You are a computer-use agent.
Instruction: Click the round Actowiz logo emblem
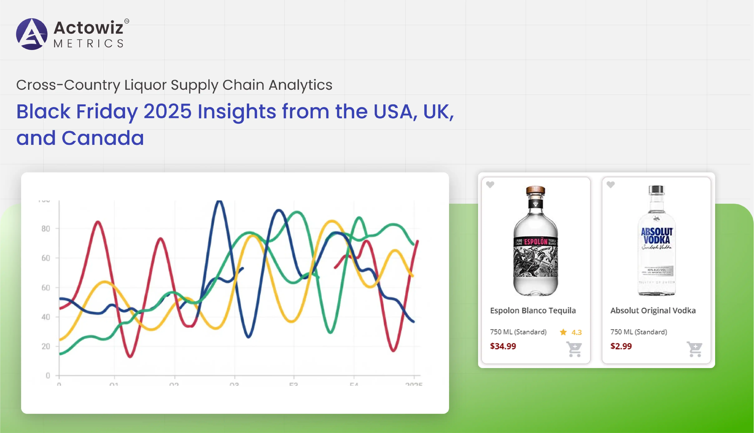(x=32, y=34)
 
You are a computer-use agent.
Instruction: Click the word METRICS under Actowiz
(x=89, y=44)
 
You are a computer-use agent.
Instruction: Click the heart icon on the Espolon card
(x=490, y=185)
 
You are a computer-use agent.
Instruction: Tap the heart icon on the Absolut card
(x=611, y=185)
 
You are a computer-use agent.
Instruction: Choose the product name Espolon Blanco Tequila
(x=533, y=310)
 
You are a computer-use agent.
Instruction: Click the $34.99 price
(x=503, y=346)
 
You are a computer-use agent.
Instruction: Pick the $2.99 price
(x=621, y=346)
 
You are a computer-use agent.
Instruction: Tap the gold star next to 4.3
(x=563, y=332)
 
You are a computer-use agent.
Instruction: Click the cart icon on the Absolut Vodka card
(x=695, y=349)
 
